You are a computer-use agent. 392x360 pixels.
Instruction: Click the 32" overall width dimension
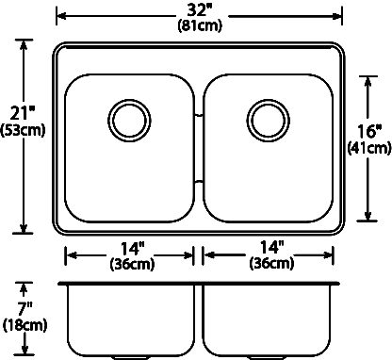(x=199, y=10)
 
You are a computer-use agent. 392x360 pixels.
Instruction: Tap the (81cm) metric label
(x=200, y=25)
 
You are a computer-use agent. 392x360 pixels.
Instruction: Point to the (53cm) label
(x=23, y=130)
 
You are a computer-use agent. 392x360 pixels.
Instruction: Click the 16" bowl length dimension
(x=369, y=131)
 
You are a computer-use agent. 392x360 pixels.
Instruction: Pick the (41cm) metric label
(x=369, y=148)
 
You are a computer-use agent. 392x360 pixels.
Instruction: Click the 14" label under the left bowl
(x=133, y=249)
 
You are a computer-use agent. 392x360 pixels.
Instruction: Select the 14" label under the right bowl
(x=272, y=248)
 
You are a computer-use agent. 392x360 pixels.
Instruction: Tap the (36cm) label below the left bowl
(x=132, y=264)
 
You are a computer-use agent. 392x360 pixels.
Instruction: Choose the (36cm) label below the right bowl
(x=272, y=263)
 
